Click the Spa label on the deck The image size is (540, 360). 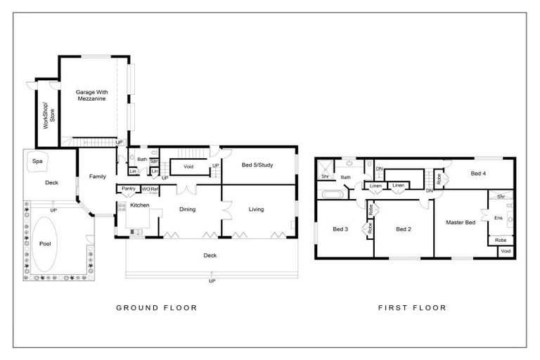pos(37,161)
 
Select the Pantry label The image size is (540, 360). pos(128,188)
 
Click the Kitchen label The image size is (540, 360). pos(140,205)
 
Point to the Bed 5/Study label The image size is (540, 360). pos(257,165)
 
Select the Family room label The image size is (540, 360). pos(97,176)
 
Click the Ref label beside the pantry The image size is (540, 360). pos(155,188)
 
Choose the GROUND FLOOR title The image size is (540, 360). pos(155,307)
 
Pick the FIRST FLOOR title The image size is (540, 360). pos(412,307)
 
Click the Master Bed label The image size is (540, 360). pos(461,223)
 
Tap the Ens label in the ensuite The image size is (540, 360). pos(499,218)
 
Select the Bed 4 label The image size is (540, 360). pos(478,173)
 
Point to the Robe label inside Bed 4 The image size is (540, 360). pos(439,179)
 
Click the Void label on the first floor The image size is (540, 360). pos(506,251)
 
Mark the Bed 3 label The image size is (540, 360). pos(340,229)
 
